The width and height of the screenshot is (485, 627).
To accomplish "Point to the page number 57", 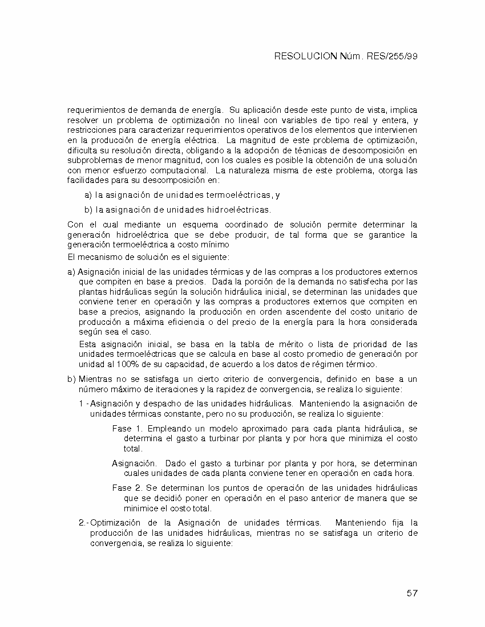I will coord(413,593).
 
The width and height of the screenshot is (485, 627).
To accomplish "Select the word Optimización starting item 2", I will coord(116,523).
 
